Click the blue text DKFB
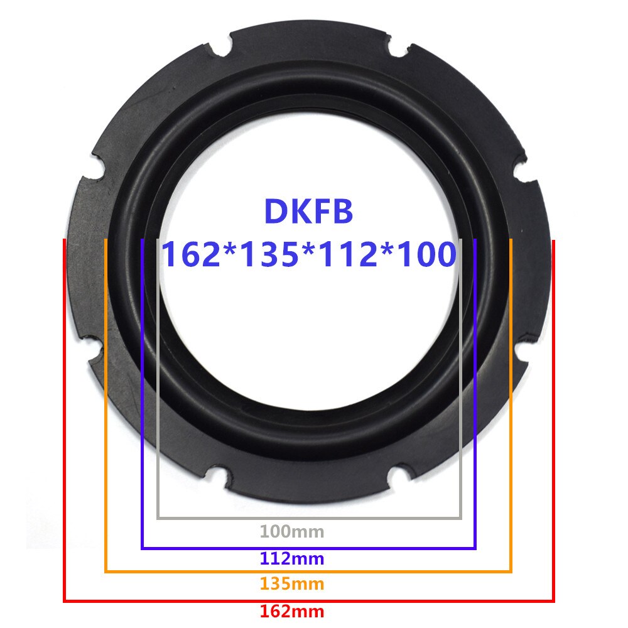[308, 212]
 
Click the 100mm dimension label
[292, 533]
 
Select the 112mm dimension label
[292, 558]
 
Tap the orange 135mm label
[292, 584]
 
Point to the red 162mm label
[292, 610]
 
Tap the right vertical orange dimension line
[511, 408]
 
